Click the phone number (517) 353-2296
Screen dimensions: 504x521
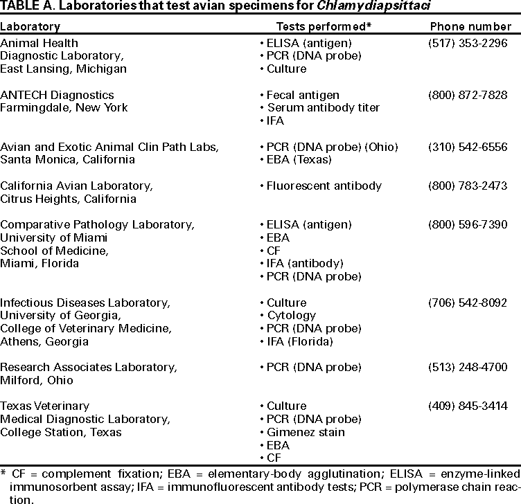(x=468, y=43)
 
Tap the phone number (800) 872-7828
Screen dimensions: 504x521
(x=468, y=95)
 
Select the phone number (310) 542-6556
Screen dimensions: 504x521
(x=468, y=147)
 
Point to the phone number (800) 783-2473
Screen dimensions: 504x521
(x=468, y=186)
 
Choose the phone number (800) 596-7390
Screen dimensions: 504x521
(x=468, y=225)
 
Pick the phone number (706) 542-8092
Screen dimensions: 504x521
(x=468, y=303)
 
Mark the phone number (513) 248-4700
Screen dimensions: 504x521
(x=468, y=368)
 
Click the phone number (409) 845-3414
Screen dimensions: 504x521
(x=468, y=406)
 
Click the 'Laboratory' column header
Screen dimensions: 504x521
(x=30, y=26)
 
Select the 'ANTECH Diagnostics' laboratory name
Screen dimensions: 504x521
(x=58, y=95)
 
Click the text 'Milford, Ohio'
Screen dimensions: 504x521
(x=36, y=381)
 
